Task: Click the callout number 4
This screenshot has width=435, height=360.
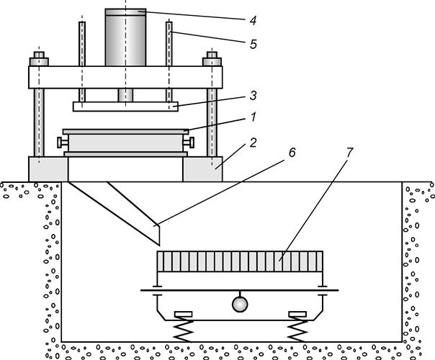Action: point(253,21)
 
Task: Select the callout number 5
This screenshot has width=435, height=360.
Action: point(253,44)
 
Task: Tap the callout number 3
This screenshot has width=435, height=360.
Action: point(253,96)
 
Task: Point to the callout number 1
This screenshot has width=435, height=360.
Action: point(253,117)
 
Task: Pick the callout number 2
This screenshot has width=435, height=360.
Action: point(253,143)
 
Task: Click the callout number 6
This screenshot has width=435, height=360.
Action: point(292,152)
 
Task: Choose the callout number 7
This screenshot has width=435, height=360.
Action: point(349,152)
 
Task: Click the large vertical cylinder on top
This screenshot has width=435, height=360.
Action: point(125,37)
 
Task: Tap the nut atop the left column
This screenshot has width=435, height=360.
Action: point(39,59)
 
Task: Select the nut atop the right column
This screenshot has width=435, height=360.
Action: point(212,59)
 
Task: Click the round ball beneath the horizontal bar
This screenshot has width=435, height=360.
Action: point(240,305)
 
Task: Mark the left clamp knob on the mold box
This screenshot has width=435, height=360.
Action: point(63,143)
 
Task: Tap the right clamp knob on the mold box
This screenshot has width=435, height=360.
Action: point(189,143)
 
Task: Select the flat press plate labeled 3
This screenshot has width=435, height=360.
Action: point(125,107)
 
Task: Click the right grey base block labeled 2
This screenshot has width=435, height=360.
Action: point(202,169)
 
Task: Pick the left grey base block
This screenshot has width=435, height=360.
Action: point(48,169)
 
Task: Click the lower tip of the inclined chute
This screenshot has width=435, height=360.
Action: point(159,246)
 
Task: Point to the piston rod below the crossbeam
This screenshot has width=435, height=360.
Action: point(125,95)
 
